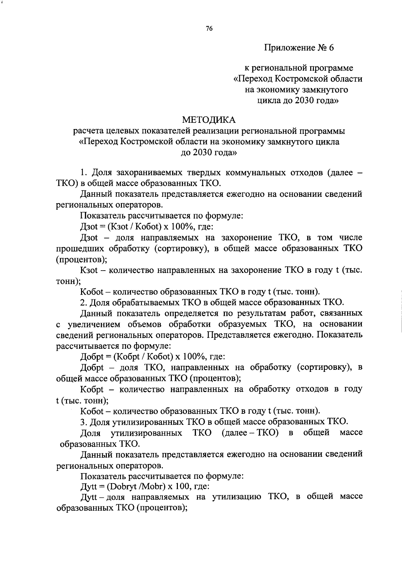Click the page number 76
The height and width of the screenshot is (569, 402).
(x=209, y=29)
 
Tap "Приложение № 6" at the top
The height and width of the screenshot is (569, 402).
(x=299, y=48)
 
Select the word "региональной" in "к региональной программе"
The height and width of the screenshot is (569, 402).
(x=280, y=68)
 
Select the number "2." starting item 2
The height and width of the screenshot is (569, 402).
(x=84, y=302)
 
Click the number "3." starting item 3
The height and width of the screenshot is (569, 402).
(x=84, y=421)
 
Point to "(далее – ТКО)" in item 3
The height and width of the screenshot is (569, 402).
(x=250, y=433)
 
